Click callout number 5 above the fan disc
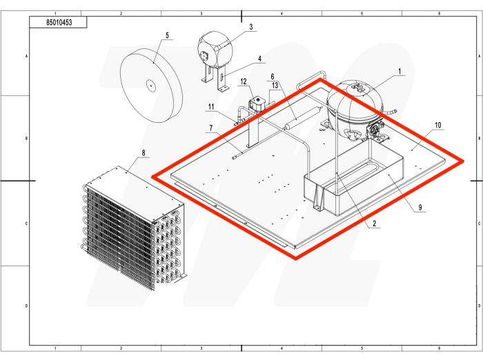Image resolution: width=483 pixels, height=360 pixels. click(x=166, y=35)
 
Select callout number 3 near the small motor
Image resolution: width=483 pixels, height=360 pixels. click(x=250, y=27)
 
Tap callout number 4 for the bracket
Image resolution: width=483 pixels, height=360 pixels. click(x=259, y=59)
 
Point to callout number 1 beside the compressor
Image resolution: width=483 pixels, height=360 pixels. click(x=400, y=71)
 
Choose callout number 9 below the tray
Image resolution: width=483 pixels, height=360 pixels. click(x=420, y=207)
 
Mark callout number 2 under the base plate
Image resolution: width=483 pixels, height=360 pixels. click(x=373, y=223)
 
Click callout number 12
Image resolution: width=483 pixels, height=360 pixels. click(x=244, y=81)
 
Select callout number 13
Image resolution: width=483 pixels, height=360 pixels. click(x=275, y=85)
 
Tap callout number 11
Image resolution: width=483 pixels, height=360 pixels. click(x=211, y=106)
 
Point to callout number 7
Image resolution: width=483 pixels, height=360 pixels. click(x=212, y=128)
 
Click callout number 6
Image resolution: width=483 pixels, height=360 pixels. click(x=272, y=76)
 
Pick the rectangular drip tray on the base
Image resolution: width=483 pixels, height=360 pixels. click(x=352, y=183)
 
